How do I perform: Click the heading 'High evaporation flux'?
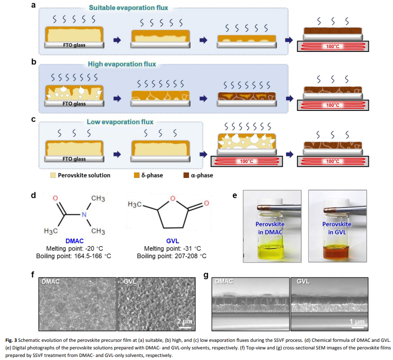122,65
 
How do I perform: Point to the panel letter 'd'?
33,195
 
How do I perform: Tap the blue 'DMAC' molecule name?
71,241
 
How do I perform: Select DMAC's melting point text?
71,248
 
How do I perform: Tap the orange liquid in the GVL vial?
336,250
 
